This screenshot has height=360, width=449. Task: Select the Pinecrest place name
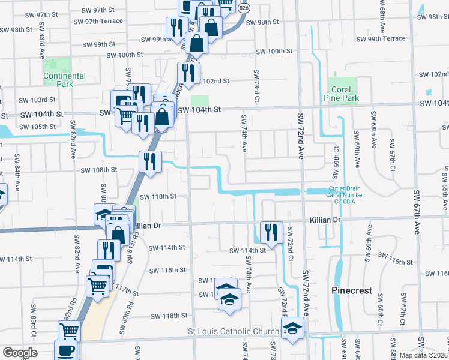click(351, 290)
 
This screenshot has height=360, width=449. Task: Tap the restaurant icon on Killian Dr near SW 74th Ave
click(272, 232)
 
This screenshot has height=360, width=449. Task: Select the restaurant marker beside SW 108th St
click(149, 161)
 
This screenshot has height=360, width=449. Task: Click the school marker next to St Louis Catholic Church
click(293, 328)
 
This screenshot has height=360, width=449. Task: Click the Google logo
click(19, 353)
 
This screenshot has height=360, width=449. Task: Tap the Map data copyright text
click(424, 355)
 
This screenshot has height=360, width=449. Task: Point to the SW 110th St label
click(158, 196)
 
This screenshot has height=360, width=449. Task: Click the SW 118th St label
click(170, 316)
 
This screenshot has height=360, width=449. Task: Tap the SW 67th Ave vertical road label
click(417, 213)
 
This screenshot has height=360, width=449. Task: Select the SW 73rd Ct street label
click(256, 85)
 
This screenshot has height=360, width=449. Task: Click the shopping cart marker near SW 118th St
click(70, 331)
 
